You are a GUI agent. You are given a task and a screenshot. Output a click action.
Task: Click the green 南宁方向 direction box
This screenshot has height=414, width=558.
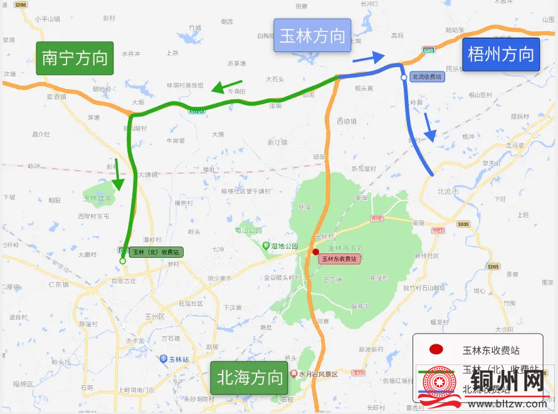(75, 58)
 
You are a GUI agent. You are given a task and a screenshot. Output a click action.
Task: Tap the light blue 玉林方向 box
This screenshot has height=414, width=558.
(312, 35)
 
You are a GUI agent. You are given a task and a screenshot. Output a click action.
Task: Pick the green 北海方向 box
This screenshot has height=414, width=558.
(249, 378)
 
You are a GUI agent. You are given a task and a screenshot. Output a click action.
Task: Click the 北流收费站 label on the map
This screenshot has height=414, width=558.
(426, 77)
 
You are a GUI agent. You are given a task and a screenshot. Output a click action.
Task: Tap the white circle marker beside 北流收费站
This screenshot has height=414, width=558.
(404, 78)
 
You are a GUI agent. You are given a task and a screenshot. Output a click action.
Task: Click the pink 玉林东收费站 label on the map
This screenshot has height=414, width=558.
(339, 258)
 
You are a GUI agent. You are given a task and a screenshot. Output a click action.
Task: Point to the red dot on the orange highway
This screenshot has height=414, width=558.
(315, 252)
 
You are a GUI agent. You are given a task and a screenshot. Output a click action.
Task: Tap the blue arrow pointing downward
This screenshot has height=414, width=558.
(430, 127)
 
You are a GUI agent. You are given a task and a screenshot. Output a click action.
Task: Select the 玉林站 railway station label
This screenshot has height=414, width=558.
(175, 359)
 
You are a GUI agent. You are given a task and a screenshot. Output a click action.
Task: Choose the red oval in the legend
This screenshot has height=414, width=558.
(435, 350)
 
